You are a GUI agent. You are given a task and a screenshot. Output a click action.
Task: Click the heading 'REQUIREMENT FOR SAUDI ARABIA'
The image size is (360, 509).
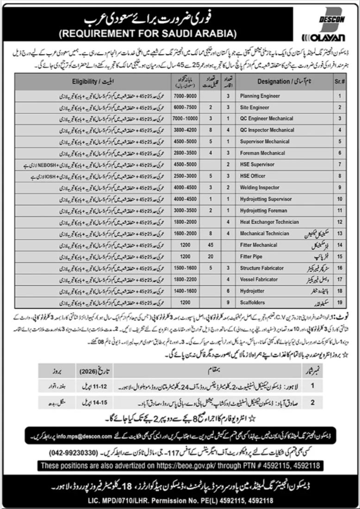[147, 33]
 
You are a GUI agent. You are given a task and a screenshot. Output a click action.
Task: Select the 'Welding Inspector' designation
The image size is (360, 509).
[260, 188]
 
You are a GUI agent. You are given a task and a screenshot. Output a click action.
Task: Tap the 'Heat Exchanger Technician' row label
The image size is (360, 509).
[269, 222]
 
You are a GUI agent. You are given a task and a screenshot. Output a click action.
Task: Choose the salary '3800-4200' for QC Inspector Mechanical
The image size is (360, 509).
[182, 130]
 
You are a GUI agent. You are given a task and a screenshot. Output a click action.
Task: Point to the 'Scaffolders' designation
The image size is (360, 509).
[253, 302]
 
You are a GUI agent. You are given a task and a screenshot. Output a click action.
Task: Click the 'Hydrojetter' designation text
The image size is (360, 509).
[252, 291]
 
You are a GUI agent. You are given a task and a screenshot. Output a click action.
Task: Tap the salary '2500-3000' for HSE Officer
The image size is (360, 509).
[182, 176]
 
